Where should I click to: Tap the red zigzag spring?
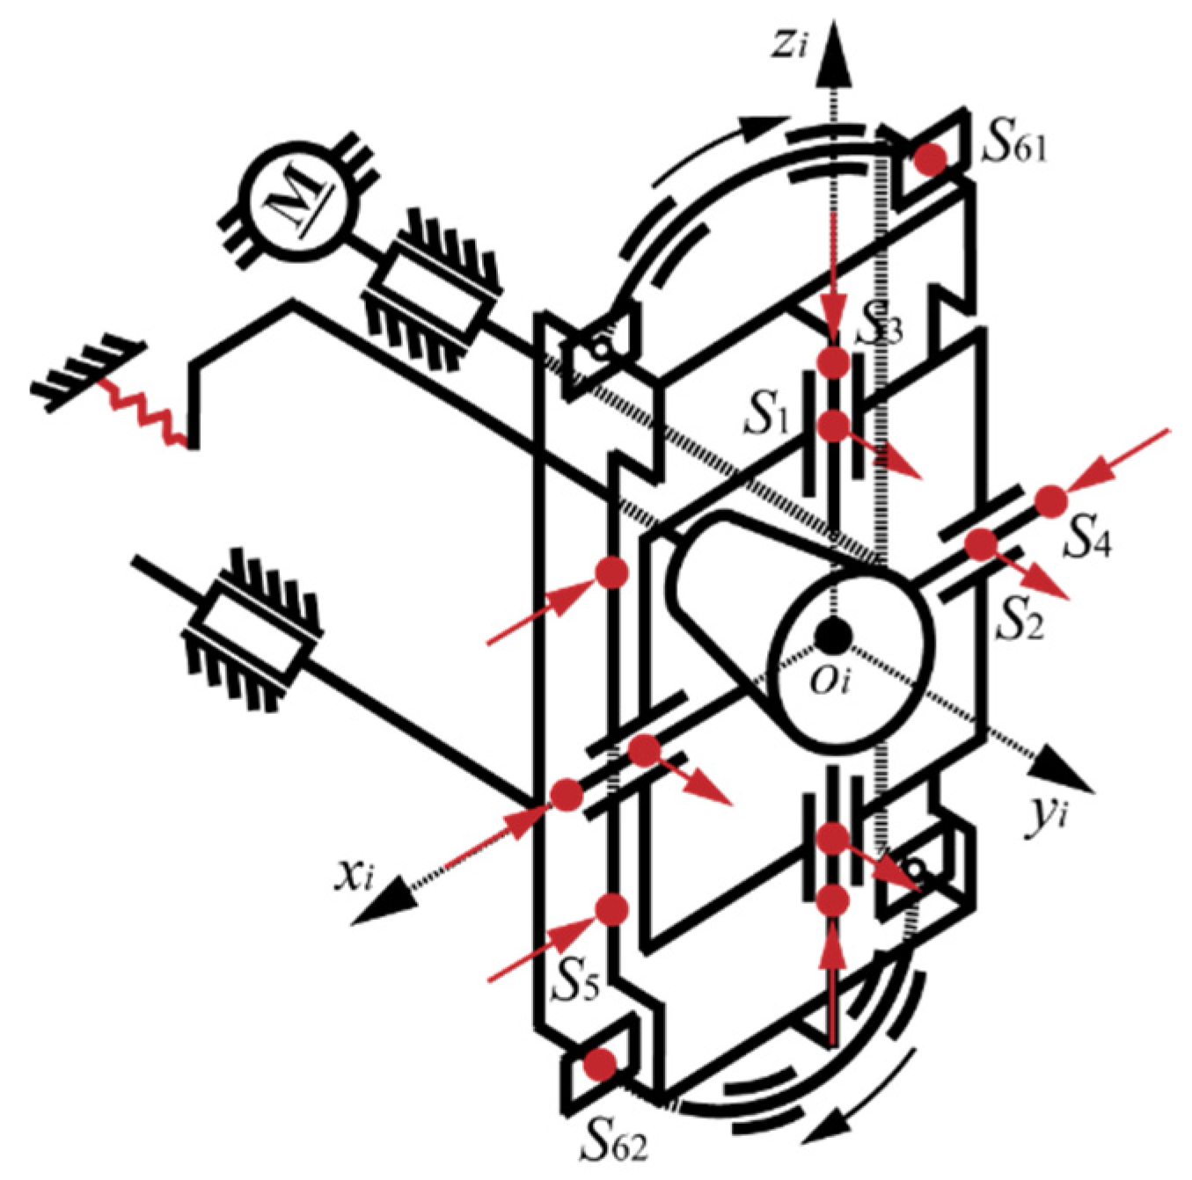tap(145, 414)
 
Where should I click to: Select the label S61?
tap(1015, 146)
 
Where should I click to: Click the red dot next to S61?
tap(930, 160)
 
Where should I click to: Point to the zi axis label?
tap(788, 45)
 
